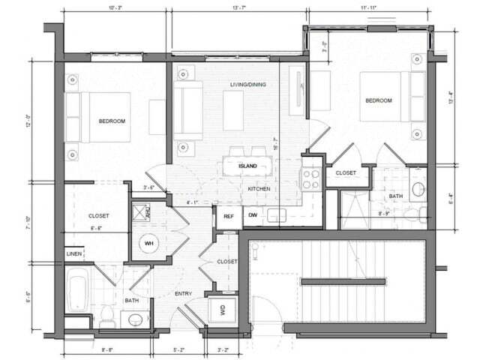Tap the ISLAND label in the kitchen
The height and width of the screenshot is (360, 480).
pyautogui.click(x=248, y=166)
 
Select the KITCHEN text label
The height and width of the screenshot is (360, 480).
pyautogui.click(x=259, y=189)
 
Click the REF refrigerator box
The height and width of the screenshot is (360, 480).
pyautogui.click(x=228, y=216)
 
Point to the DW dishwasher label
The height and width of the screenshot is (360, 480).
pyautogui.click(x=253, y=216)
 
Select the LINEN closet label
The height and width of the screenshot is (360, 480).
pyautogui.click(x=73, y=255)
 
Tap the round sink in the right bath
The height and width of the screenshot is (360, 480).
pyautogui.click(x=418, y=187)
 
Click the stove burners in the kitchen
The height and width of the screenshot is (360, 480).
pyautogui.click(x=310, y=178)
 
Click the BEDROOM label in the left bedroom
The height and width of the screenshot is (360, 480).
pyautogui.click(x=112, y=121)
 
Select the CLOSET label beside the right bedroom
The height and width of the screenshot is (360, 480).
pyautogui.click(x=346, y=172)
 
